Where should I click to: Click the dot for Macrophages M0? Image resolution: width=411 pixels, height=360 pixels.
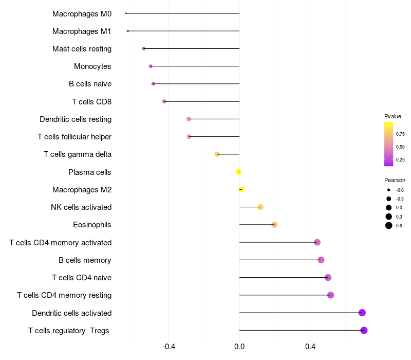[x=126, y=13]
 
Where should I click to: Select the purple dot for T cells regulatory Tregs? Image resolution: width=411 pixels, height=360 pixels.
[x=364, y=330]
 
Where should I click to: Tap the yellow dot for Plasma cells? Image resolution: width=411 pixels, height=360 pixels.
[x=238, y=172]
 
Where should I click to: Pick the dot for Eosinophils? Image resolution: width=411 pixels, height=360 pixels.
[x=274, y=225]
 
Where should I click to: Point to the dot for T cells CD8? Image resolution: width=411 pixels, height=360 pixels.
[x=164, y=101]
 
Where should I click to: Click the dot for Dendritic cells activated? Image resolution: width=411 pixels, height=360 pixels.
[x=362, y=313]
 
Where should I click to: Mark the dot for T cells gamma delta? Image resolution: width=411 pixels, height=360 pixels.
[x=217, y=154]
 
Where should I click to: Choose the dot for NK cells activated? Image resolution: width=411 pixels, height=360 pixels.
[x=260, y=207]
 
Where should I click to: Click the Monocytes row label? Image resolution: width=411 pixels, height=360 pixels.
[x=92, y=66]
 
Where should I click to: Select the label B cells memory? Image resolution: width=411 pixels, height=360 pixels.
[x=85, y=260]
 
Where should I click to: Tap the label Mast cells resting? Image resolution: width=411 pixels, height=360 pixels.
[x=82, y=49]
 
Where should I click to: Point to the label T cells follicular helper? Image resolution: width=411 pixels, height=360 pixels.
[x=74, y=137]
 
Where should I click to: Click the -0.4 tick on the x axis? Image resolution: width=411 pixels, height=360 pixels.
[x=169, y=347]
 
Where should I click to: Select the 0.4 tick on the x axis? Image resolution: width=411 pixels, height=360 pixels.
[x=310, y=347]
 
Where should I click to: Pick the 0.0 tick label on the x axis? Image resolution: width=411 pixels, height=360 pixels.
[x=239, y=347]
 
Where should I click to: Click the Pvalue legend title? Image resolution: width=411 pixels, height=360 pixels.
[x=393, y=116]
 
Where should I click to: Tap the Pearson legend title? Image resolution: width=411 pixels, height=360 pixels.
[x=395, y=180]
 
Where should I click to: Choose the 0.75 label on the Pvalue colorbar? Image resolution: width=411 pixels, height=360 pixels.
[x=400, y=134]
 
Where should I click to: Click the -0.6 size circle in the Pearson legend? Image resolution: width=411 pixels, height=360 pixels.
[x=389, y=190]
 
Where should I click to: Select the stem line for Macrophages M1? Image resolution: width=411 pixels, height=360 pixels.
[x=183, y=31]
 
